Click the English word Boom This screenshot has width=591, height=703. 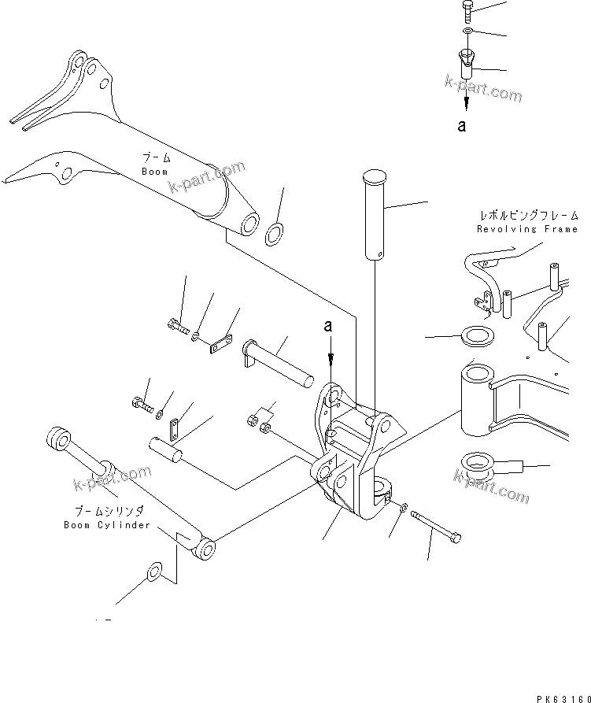(x=154, y=171)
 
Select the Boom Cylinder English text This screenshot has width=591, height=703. (x=106, y=525)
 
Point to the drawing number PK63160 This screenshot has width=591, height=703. (x=560, y=697)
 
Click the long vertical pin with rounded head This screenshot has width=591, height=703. (x=373, y=213)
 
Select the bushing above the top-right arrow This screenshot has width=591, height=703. (x=467, y=63)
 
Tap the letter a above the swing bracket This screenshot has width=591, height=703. (x=331, y=325)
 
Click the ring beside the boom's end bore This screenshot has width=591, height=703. (x=275, y=233)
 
